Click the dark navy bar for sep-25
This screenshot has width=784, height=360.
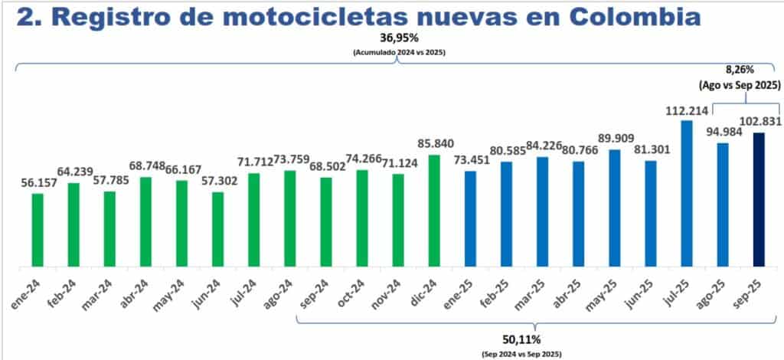point(759,199)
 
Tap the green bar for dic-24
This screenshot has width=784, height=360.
point(434,211)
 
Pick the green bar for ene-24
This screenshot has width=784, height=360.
point(37,230)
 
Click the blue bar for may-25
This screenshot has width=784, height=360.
point(614,208)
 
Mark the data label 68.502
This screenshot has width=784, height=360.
point(326,167)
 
